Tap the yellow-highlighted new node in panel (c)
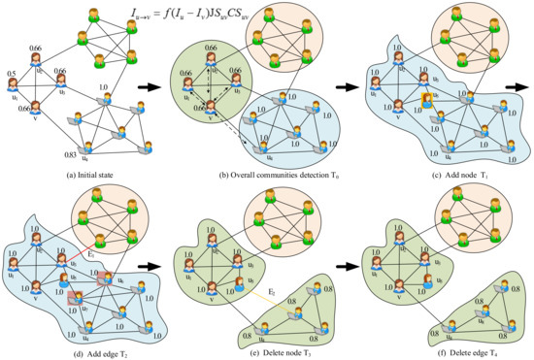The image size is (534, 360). tap(427, 100)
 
